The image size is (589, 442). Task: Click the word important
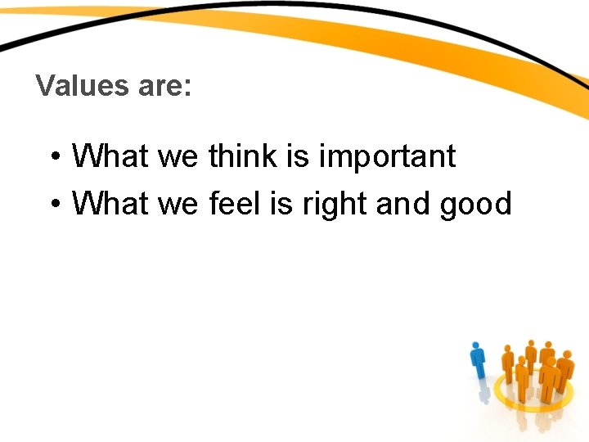coord(386,156)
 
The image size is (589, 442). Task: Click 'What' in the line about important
coord(110,155)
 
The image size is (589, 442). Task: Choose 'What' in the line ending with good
coord(110,204)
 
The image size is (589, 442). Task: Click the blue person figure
coord(479,364)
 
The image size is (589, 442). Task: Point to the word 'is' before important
coord(297,155)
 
